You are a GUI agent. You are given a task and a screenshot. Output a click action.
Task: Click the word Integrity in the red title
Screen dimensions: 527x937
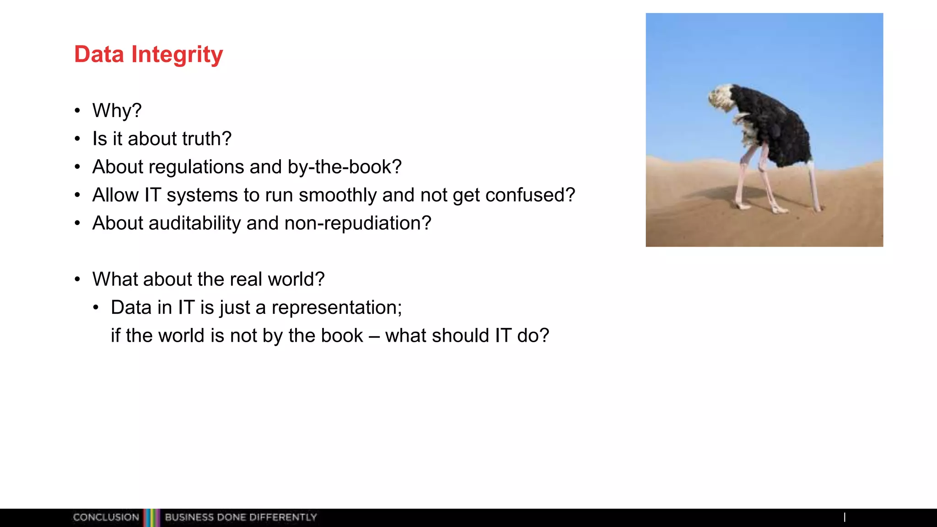pyautogui.click(x=177, y=55)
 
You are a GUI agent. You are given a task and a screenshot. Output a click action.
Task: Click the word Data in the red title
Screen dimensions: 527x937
pyautogui.click(x=99, y=54)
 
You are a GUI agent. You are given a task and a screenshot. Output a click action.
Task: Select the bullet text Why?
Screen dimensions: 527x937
pyautogui.click(x=117, y=111)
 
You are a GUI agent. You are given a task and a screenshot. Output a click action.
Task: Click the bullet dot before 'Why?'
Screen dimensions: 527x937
pyautogui.click(x=77, y=111)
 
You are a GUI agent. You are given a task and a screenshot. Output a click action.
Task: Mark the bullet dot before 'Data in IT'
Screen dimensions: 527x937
pyautogui.click(x=96, y=308)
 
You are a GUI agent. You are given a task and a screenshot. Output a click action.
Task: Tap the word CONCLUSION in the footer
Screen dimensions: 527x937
pyautogui.click(x=106, y=517)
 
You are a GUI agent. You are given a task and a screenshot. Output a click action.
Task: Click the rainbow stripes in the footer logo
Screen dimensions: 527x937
pyautogui.click(x=151, y=517)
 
